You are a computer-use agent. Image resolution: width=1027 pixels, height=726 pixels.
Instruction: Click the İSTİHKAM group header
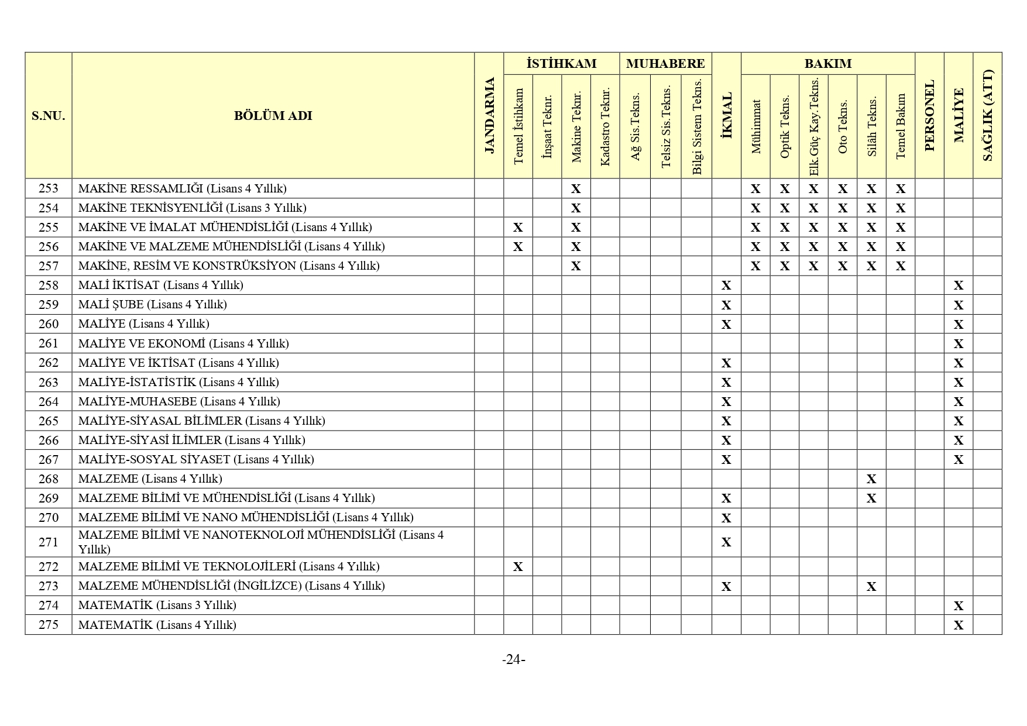point(561,64)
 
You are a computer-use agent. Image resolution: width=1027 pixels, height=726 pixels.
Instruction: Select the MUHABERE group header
point(665,64)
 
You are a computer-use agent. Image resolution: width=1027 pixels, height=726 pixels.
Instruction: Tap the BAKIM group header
point(827,64)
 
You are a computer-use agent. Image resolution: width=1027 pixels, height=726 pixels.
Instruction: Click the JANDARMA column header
point(490,116)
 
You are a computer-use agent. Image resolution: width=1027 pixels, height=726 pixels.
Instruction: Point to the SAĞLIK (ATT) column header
point(987,116)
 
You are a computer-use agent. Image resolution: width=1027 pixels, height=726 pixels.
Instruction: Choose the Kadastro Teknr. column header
point(605,126)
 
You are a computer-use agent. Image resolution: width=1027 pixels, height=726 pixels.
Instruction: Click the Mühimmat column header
point(755,126)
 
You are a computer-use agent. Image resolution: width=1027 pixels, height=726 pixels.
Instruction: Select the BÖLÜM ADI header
point(273,116)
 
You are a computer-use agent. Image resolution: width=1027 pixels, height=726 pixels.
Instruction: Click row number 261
point(49,343)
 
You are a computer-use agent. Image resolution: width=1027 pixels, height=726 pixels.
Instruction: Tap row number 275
point(49,625)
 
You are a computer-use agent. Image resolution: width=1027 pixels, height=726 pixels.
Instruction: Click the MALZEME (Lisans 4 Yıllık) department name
point(150,479)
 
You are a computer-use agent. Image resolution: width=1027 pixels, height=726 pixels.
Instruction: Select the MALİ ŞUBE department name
point(152,305)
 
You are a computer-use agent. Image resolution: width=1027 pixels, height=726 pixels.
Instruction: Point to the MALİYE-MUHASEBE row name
point(179,401)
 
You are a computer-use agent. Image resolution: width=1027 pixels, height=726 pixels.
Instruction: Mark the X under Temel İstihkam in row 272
point(518,567)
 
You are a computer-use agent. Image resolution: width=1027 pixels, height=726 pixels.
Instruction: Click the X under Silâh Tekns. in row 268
point(871,479)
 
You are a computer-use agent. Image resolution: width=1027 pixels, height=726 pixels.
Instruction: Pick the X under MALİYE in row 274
point(958,606)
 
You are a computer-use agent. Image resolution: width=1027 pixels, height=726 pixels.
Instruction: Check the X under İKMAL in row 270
point(726,518)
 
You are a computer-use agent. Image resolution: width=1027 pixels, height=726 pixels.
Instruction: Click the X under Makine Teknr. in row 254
point(576,208)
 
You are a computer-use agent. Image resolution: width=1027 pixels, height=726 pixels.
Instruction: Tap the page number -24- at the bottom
point(513,660)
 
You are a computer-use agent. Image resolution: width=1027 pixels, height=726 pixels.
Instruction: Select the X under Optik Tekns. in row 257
point(785,266)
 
